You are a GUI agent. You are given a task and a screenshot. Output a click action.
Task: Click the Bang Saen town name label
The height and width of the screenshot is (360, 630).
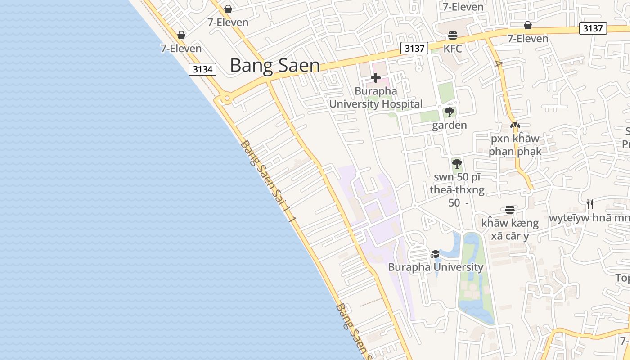click(x=274, y=66)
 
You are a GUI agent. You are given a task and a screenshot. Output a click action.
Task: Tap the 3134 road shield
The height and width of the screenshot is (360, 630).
click(x=202, y=69)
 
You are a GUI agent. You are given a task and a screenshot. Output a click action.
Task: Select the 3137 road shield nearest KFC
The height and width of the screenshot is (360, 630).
click(x=414, y=48)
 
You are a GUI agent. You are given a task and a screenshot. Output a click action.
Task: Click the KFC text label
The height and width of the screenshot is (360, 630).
click(x=453, y=49)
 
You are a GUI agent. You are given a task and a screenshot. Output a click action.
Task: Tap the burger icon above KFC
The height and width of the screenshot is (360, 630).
click(x=452, y=36)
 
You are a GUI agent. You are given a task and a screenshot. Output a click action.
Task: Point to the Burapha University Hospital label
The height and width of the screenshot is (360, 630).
click(x=376, y=98)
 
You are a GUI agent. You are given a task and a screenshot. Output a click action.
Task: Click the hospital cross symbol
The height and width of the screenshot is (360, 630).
click(x=375, y=78)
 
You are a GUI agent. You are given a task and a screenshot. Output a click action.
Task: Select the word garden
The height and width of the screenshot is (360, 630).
click(x=449, y=125)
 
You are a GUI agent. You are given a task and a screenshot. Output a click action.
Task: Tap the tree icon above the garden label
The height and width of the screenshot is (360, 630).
click(x=449, y=112)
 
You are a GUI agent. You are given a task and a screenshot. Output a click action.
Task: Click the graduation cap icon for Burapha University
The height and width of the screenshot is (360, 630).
click(x=435, y=254)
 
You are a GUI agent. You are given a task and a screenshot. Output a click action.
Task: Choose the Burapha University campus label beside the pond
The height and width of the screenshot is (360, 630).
click(x=435, y=267)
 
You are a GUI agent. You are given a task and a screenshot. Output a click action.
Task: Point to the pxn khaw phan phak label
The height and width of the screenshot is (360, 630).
click(x=515, y=145)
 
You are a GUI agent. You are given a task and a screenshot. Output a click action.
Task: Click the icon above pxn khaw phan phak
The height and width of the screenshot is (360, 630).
click(x=515, y=125)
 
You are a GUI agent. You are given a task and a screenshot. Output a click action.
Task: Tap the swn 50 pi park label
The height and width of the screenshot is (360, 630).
click(x=457, y=190)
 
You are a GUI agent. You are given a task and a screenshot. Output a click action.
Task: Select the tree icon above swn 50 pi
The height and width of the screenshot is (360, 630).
click(x=457, y=163)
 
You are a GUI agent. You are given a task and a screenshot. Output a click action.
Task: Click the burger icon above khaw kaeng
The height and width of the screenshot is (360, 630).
click(x=509, y=209)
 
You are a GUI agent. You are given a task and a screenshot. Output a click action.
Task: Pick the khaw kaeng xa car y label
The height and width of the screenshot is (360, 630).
click(x=509, y=229)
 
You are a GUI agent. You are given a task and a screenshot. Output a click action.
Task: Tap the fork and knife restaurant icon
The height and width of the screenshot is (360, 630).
click(x=589, y=205)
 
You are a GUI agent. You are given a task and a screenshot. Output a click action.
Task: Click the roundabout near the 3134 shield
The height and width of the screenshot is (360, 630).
click(x=227, y=98)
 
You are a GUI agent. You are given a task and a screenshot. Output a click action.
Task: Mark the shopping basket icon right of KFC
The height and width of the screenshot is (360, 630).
click(x=527, y=26)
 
